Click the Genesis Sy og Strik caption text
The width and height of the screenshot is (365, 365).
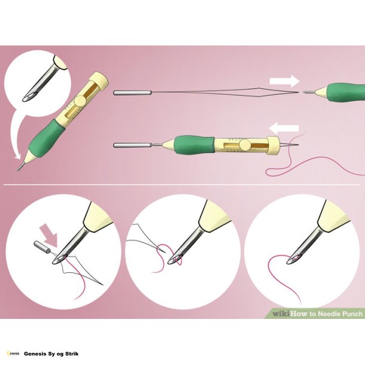51,354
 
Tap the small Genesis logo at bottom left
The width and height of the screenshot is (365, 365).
12,354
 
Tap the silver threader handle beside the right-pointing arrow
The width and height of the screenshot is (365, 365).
131,92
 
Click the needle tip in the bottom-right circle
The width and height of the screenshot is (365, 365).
290,261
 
